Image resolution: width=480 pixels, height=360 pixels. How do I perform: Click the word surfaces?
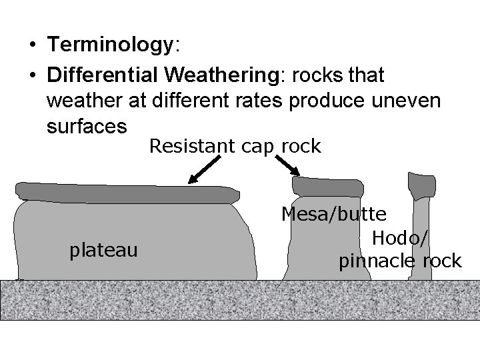[87, 125]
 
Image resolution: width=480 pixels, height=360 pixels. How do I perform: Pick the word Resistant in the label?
[189, 146]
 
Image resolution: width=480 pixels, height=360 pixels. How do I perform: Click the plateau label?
[104, 250]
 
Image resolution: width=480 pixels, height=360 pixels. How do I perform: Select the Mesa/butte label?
[334, 215]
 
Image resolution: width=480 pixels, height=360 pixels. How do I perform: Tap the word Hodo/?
[401, 237]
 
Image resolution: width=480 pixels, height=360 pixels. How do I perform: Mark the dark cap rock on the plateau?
[127, 191]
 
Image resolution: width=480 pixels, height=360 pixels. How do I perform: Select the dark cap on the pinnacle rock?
[421, 184]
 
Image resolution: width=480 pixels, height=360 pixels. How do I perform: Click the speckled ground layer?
[240, 300]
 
